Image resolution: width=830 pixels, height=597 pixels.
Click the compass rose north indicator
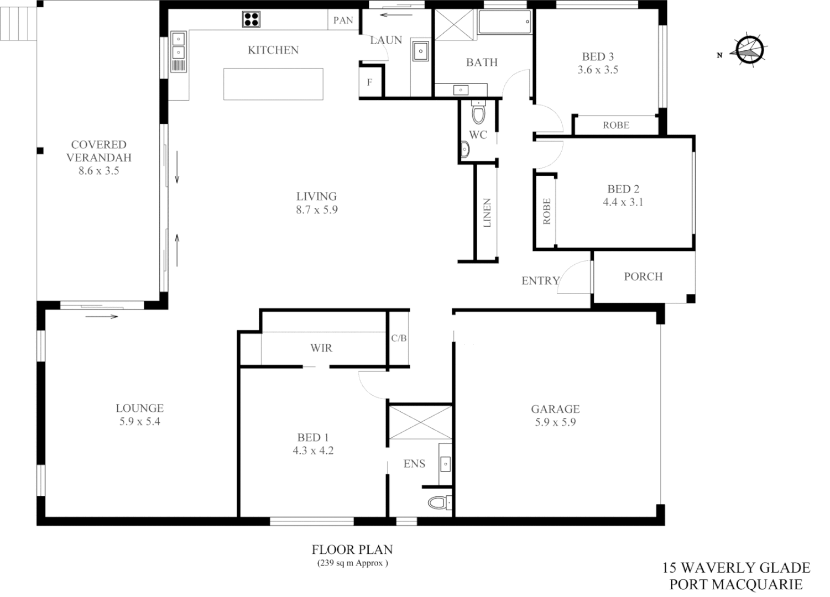750,50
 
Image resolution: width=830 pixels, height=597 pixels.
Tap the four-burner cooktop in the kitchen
251,20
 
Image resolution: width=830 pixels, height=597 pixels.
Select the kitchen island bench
273,84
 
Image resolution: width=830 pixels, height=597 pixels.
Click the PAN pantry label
343,20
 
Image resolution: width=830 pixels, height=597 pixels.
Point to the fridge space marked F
370,83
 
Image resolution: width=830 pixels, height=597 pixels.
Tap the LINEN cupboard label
487,213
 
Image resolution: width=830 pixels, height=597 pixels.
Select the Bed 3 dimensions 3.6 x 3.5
598,70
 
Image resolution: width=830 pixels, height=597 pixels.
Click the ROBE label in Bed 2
547,211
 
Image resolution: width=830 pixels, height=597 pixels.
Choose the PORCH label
643,276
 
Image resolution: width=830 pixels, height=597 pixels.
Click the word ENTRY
540,281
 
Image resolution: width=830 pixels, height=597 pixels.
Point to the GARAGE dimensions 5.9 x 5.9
555,422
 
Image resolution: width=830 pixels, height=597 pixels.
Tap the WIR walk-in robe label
321,348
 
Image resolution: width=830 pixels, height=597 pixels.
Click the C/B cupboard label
399,338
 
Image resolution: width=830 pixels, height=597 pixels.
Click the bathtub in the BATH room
504,23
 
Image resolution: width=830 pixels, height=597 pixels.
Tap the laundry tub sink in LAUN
420,51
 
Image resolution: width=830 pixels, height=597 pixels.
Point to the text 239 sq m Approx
352,563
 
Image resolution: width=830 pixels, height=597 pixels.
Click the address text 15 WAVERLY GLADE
736,568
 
